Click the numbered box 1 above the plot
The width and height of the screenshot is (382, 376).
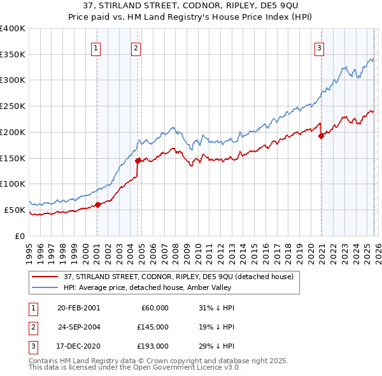(95, 47)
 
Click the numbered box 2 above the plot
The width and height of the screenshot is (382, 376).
(136, 47)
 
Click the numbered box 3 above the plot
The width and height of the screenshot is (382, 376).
(319, 47)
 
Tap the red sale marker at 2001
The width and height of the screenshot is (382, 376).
(98, 205)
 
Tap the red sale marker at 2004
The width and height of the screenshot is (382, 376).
(138, 161)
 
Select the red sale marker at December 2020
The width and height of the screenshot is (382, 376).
(321, 136)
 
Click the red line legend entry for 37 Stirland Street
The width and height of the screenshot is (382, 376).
(178, 277)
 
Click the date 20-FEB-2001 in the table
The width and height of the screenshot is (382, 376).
(78, 308)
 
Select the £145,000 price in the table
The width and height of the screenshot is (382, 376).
(153, 327)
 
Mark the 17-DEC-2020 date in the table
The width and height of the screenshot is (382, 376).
(78, 346)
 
